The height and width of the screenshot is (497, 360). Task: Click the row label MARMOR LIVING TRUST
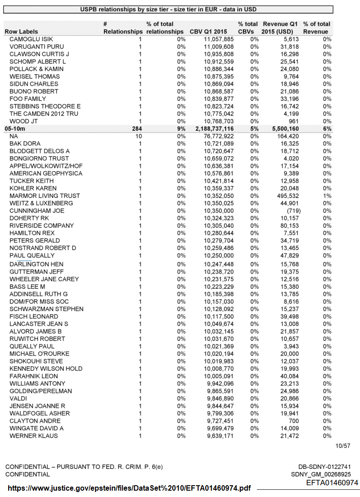pos(44,196)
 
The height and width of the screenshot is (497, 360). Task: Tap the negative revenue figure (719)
pos(290,211)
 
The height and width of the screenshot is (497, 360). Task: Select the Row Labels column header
pos(21,32)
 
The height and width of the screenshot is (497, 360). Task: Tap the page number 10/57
pos(343,446)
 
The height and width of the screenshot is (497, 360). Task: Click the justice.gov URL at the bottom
pos(129,488)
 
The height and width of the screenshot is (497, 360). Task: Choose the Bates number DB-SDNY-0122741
pos(324,467)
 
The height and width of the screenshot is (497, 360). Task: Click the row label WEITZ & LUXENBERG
pos(41,203)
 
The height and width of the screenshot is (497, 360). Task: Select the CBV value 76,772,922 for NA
pos(218,136)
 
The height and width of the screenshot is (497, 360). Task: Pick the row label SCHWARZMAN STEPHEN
pos(46,309)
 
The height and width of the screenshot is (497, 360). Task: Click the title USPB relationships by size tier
pos(168,10)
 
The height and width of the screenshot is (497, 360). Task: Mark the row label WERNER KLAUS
pos(33,436)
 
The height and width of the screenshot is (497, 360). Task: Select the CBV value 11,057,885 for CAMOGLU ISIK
pos(218,39)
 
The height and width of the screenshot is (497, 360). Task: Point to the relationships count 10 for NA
pos(139,136)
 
